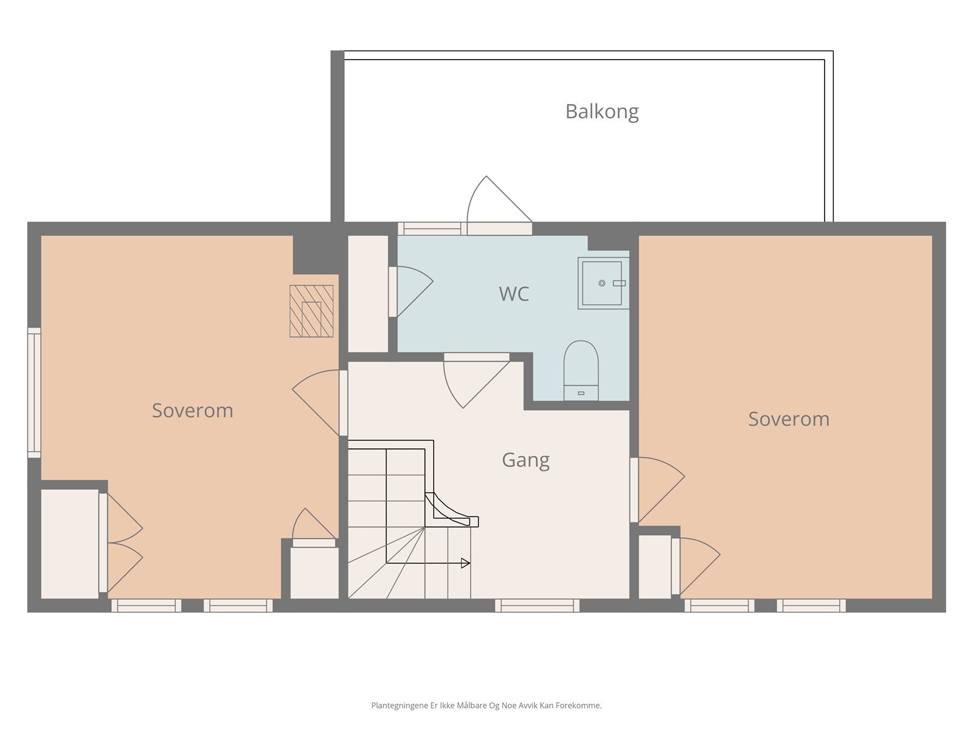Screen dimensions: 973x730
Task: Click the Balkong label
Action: (x=601, y=112)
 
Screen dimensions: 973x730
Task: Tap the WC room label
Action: (x=514, y=294)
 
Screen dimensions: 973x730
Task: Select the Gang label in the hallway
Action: (x=526, y=461)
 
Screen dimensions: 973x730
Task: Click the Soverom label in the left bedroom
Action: (x=192, y=411)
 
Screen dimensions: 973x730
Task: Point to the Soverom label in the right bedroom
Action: (x=789, y=419)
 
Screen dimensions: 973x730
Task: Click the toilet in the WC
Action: (x=581, y=370)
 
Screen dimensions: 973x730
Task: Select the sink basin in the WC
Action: (x=603, y=283)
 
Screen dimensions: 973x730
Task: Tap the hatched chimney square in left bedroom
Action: (x=311, y=311)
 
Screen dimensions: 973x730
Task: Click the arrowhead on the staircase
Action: (x=465, y=563)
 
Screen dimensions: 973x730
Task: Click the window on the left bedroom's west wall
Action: (x=34, y=393)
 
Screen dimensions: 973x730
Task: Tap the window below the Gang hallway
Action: (x=537, y=605)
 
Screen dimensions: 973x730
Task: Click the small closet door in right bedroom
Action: (x=696, y=566)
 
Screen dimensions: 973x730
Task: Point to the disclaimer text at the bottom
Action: (x=486, y=705)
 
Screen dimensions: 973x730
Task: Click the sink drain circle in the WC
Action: (x=601, y=283)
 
